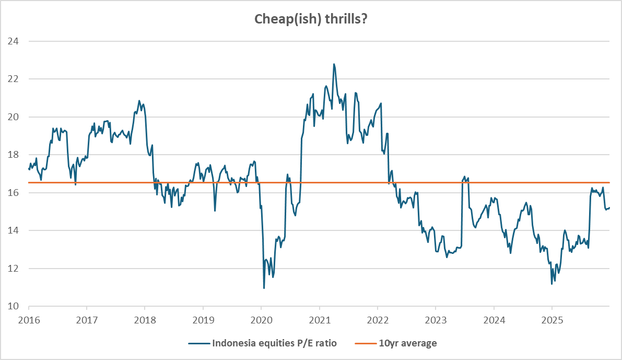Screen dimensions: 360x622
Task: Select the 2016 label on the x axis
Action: [x=29, y=318]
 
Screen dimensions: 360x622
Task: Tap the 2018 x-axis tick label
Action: [x=145, y=318]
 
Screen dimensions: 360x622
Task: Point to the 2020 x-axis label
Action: [x=262, y=318]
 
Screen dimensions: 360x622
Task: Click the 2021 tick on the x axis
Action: [x=320, y=318]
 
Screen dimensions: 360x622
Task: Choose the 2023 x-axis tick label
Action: [x=436, y=318]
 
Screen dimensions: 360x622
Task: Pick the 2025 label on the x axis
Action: [x=552, y=318]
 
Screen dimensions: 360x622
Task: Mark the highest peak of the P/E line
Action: [x=334, y=64]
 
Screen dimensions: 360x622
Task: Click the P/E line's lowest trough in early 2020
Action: [x=264, y=288]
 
